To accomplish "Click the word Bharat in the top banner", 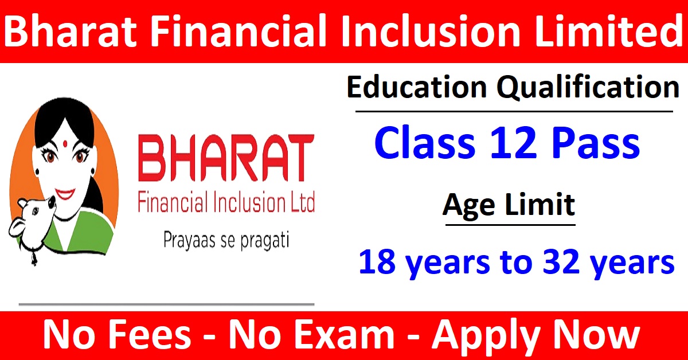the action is pos(70,31).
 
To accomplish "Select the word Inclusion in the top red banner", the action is pos(430,31).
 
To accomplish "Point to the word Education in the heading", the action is pos(417,87).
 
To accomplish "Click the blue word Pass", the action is pos(596,143).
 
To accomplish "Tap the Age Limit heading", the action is pos(509,205).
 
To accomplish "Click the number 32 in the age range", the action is pos(561,261).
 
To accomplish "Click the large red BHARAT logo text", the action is pos(226,158).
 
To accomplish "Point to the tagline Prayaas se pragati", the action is pos(226,241).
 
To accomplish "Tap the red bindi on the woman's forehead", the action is pos(65,143).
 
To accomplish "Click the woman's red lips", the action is pos(65,194).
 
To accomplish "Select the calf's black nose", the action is pos(52,201).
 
